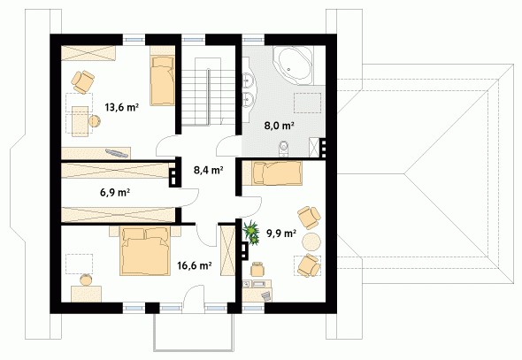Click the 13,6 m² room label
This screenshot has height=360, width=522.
click(x=121, y=107)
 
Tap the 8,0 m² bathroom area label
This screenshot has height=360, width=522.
click(x=279, y=126)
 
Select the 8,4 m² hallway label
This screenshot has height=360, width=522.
click(x=209, y=171)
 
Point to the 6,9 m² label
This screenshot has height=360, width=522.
click(x=115, y=192)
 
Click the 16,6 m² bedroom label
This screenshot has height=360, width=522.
click(x=195, y=265)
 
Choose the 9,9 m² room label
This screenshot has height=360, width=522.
click(x=281, y=234)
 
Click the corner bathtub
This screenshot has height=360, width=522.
click(x=293, y=65)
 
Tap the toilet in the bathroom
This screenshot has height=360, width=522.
click(x=284, y=148)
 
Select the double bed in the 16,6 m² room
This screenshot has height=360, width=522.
click(x=145, y=251)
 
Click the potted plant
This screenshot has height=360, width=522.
click(x=251, y=233)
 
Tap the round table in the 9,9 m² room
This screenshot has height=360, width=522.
click(x=311, y=241)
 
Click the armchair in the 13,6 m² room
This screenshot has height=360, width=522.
click(x=82, y=81)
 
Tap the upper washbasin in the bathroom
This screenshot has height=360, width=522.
click(x=248, y=80)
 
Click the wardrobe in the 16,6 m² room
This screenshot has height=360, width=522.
click(x=227, y=250)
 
